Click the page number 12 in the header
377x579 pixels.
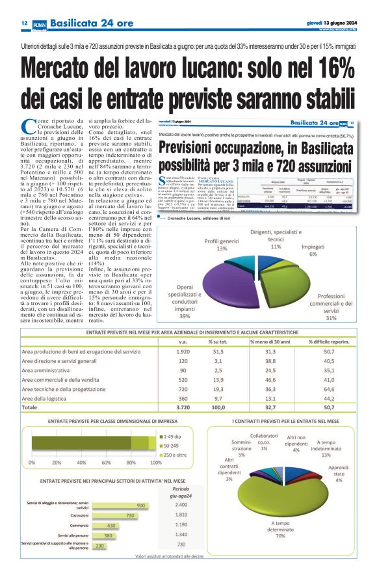[x=23, y=23]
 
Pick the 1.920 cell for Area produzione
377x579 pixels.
[x=183, y=351]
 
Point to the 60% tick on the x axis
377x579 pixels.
[x=107, y=463]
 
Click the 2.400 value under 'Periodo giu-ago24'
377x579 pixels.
[x=182, y=505]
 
